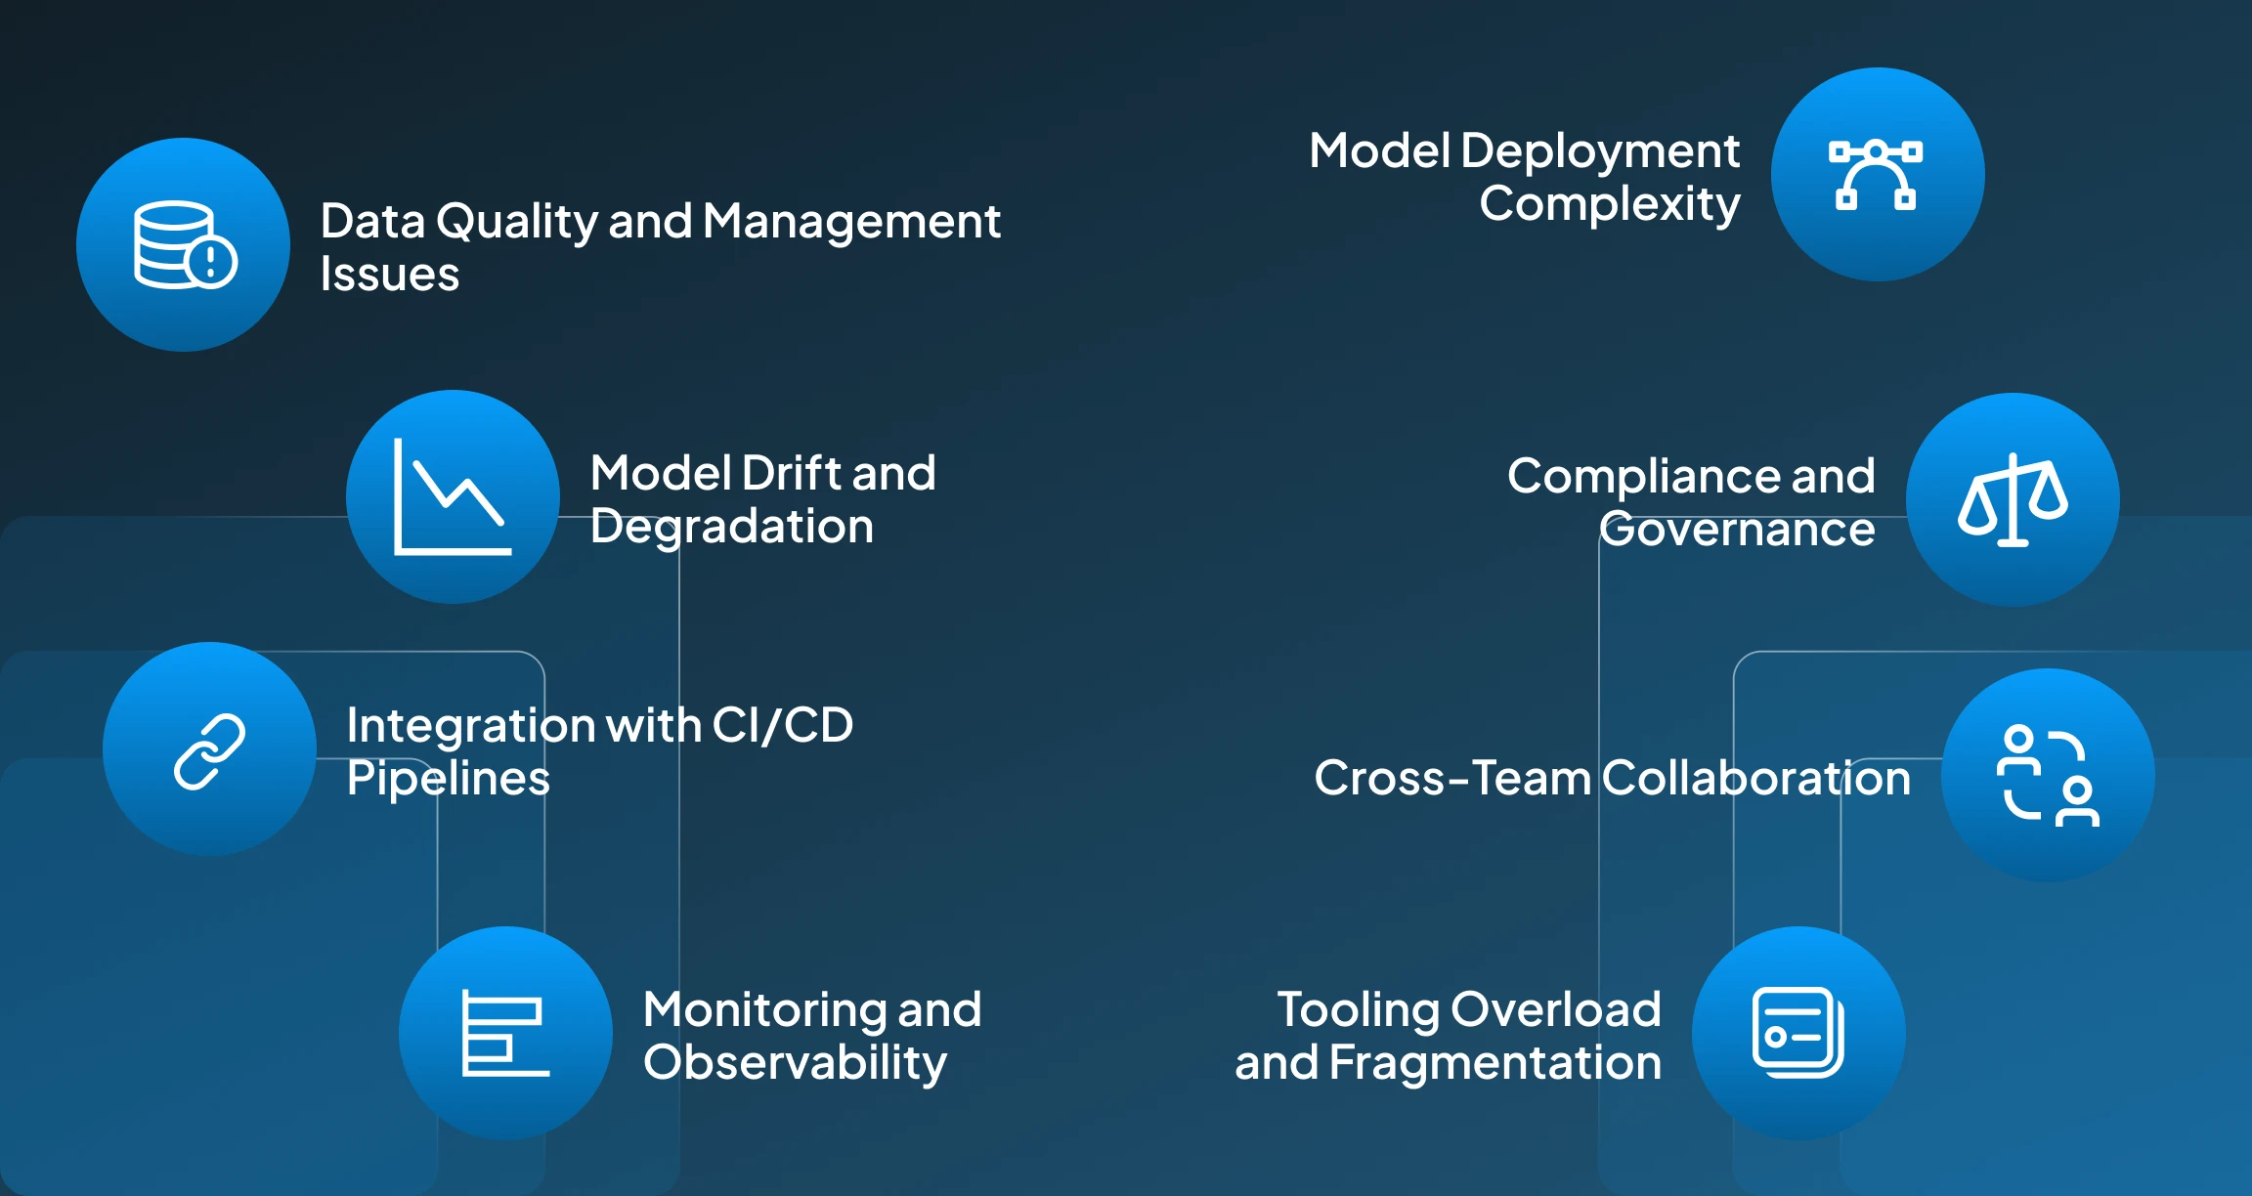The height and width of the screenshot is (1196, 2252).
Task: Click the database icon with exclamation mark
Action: [x=184, y=245]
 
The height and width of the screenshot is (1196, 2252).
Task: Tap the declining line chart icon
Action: [x=453, y=496]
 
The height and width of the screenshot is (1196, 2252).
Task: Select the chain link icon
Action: [x=209, y=750]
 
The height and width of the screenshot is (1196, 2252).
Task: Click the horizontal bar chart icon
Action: [x=504, y=1033]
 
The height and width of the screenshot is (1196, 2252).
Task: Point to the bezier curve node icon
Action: [x=1876, y=175]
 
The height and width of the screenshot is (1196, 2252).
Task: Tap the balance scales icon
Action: [x=2013, y=499]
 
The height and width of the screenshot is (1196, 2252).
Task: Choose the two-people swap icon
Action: [x=2048, y=776]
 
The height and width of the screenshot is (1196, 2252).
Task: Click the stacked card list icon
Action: [x=1798, y=1033]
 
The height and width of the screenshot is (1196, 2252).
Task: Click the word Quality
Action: [x=516, y=223]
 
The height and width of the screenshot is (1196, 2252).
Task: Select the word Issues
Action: [x=390, y=275]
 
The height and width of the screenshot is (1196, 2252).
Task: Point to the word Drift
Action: [x=792, y=473]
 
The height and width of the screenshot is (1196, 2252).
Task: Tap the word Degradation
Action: [x=731, y=527]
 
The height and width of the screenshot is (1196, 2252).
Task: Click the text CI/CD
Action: [x=782, y=725]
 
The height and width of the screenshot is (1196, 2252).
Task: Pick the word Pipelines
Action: [x=449, y=779]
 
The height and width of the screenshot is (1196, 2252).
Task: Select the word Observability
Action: [x=795, y=1063]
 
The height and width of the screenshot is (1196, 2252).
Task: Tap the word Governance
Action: [x=1737, y=530]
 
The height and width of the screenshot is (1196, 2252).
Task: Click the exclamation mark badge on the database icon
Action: [x=211, y=261]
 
